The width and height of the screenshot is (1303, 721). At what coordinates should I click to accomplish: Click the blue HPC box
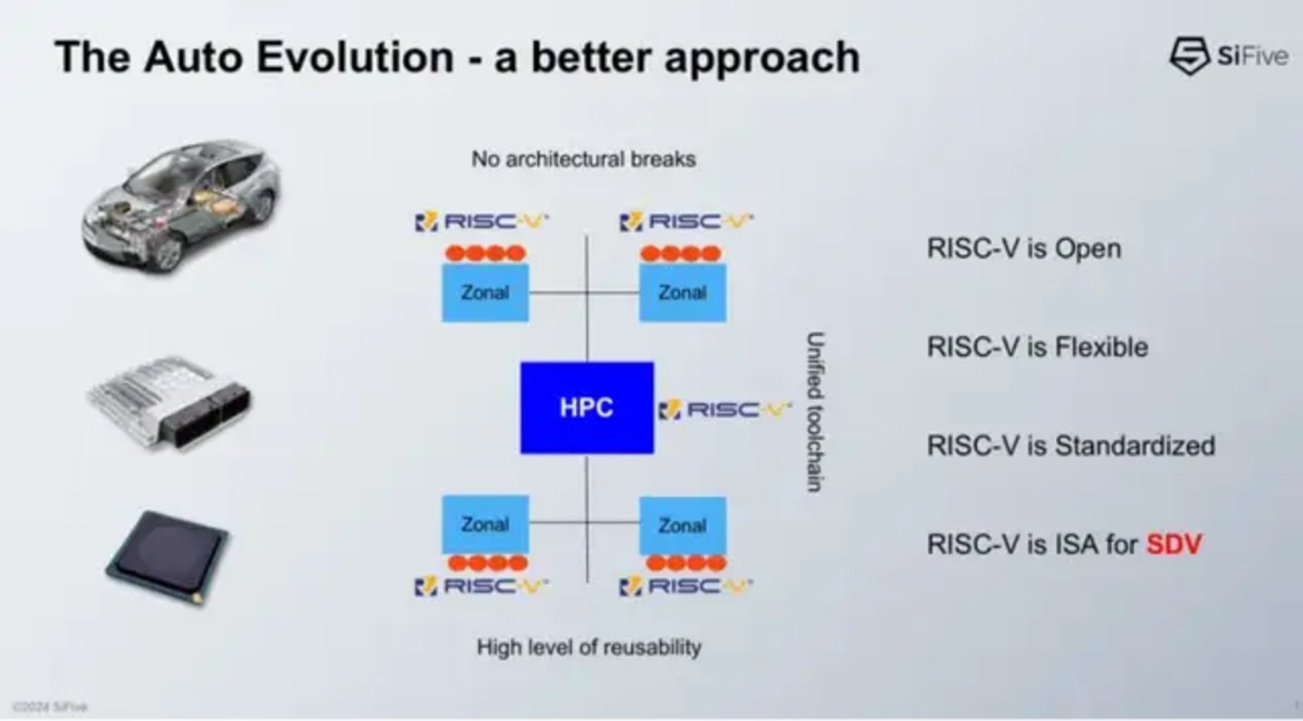pos(587,408)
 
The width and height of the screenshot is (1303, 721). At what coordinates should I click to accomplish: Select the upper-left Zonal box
pos(484,293)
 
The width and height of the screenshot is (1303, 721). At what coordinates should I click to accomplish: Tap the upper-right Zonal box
pos(682,293)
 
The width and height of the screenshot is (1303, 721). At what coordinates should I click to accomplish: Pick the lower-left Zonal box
pos(484,524)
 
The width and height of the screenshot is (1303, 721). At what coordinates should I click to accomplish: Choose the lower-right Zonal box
pos(682,525)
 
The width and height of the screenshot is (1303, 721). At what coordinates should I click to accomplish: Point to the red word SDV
pos(1174,544)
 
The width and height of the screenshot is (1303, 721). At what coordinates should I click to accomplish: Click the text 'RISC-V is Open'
pos(1023,248)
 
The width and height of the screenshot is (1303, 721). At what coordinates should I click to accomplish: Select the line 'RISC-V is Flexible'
pos(1037,347)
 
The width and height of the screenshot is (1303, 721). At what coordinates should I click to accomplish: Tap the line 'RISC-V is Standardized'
pos(1070,446)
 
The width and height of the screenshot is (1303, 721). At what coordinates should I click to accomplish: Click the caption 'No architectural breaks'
pos(583,159)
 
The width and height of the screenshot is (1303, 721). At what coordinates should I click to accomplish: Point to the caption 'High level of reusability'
pos(589,647)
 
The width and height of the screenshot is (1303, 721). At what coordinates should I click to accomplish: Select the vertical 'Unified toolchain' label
pos(814,411)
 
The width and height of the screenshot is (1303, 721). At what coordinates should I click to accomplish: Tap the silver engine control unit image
pos(169,399)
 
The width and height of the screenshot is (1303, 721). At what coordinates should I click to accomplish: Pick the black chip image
pos(168,554)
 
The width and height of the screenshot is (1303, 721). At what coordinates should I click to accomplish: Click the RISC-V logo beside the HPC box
pos(724,410)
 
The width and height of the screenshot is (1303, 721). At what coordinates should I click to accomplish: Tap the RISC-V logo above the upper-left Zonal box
pos(482,221)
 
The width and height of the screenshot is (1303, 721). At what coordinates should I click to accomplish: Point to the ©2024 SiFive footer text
pos(50,707)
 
